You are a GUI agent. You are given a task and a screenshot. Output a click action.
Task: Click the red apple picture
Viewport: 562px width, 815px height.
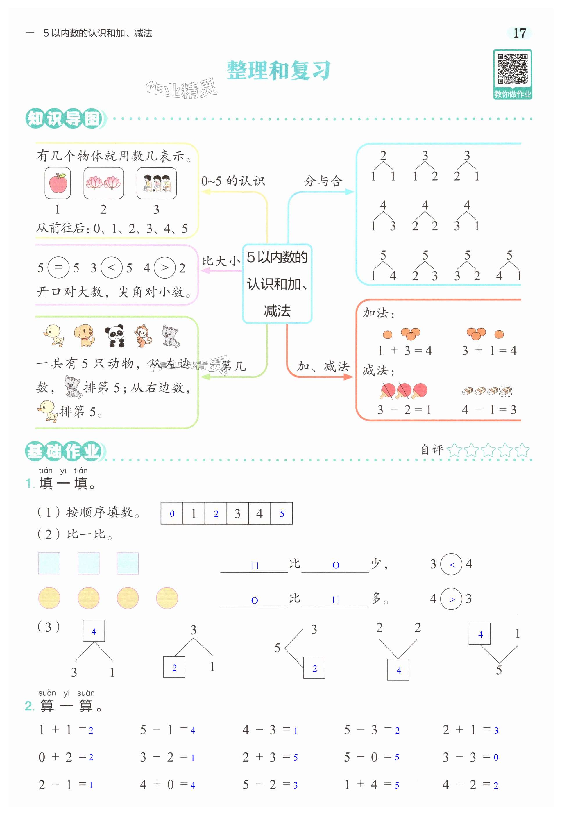click(x=58, y=183)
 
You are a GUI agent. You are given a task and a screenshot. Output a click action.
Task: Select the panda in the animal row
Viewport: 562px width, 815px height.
click(x=115, y=336)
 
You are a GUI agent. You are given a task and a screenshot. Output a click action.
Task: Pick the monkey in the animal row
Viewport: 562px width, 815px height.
click(x=143, y=336)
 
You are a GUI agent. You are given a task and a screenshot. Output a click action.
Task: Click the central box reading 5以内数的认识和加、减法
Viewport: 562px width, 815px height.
click(x=277, y=284)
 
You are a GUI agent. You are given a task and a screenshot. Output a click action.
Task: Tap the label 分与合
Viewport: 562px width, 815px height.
click(x=323, y=181)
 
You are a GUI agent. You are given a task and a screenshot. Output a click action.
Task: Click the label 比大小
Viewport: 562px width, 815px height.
click(x=221, y=261)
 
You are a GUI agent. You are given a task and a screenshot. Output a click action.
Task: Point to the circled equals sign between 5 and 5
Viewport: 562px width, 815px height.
click(x=58, y=268)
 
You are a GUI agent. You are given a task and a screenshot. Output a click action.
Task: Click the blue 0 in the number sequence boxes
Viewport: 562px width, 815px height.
click(x=172, y=514)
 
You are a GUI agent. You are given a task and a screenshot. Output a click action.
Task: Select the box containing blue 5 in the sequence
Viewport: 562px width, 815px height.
click(x=282, y=514)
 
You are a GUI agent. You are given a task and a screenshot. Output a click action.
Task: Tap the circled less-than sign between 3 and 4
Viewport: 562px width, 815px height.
click(x=452, y=564)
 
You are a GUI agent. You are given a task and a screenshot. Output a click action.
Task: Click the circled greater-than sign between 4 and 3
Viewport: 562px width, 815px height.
click(x=452, y=599)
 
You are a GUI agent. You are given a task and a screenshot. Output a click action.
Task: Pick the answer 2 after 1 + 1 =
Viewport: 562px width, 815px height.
click(x=91, y=730)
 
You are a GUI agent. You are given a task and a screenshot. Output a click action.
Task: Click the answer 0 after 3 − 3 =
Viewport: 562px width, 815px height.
click(x=496, y=757)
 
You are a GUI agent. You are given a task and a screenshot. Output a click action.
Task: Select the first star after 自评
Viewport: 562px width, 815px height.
click(x=454, y=450)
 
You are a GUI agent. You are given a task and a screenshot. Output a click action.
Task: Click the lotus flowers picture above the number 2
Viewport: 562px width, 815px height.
click(x=103, y=183)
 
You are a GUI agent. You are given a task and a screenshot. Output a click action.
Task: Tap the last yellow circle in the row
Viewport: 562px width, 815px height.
click(x=167, y=598)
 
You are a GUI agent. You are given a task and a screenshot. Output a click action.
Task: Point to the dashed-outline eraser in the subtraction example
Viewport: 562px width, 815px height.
click(x=506, y=390)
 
